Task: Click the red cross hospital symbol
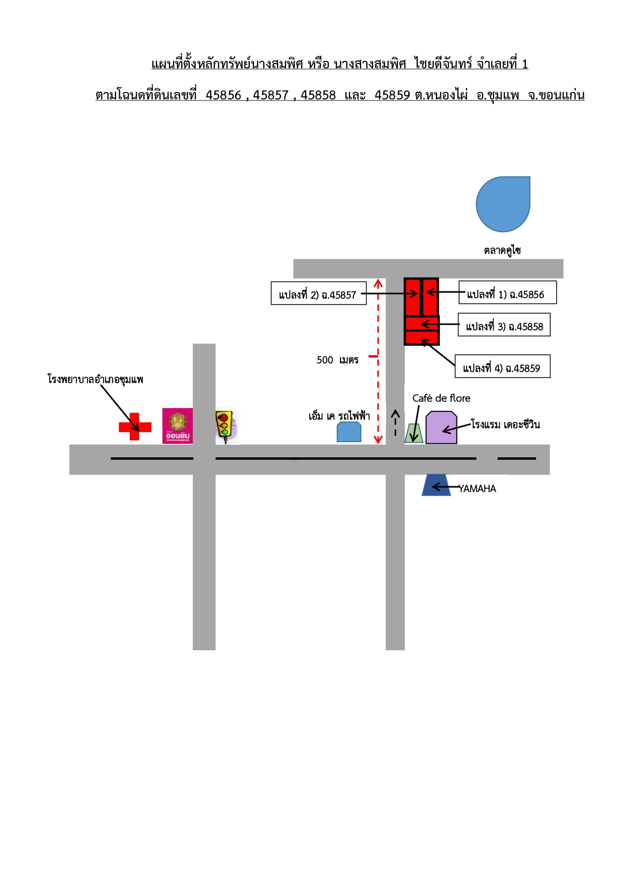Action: click(x=135, y=427)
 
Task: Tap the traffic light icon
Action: click(x=225, y=427)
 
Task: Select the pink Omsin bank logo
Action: click(x=177, y=426)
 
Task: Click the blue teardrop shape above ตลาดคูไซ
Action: click(x=503, y=204)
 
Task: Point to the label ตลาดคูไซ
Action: click(x=502, y=250)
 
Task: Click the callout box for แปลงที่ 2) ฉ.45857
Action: click(x=319, y=293)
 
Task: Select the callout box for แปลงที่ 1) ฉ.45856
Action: click(x=508, y=292)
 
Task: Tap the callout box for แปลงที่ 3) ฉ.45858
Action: click(x=504, y=325)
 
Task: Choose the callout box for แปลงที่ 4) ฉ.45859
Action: click(x=503, y=366)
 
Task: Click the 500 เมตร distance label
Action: click(x=337, y=360)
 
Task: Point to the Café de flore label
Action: click(x=441, y=398)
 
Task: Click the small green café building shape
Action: click(x=414, y=433)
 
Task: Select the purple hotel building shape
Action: click(x=441, y=428)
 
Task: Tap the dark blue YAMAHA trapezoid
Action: click(x=436, y=485)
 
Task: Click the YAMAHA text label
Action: click(x=477, y=488)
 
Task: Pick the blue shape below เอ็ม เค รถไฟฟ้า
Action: click(x=349, y=432)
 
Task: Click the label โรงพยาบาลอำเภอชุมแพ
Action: click(x=96, y=379)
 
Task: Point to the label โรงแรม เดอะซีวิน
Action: click(x=505, y=424)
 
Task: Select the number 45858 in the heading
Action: click(x=318, y=95)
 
